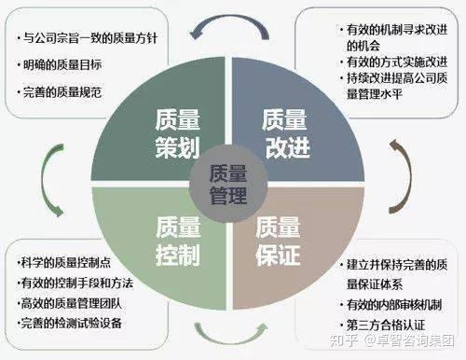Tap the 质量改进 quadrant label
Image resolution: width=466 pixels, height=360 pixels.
pos(283,131)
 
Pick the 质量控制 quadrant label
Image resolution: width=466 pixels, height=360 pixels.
pos(178,238)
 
